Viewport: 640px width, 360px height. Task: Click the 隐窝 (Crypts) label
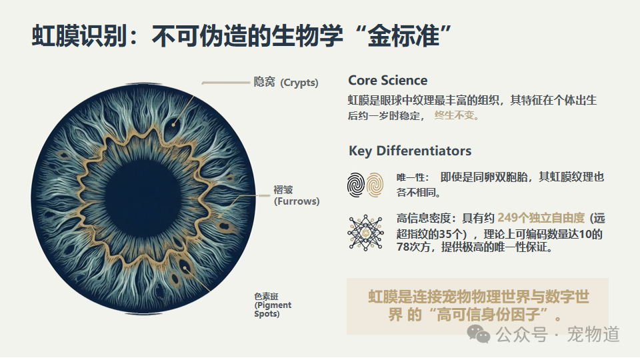tap(286, 82)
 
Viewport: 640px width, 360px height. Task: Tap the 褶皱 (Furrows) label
tap(296, 195)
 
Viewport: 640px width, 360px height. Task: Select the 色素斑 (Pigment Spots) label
tap(273, 305)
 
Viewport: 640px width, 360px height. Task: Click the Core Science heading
tap(388, 81)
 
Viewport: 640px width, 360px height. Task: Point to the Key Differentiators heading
tap(410, 151)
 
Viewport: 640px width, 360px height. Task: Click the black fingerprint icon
tap(356, 185)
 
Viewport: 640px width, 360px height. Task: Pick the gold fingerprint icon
tap(375, 185)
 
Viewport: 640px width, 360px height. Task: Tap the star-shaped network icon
tap(365, 233)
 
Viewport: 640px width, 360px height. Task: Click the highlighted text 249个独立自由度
tap(541, 218)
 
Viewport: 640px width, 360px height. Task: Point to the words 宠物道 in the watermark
tap(593, 334)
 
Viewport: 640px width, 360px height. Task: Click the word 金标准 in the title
tap(404, 36)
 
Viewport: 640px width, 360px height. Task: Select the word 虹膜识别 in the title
tap(79, 36)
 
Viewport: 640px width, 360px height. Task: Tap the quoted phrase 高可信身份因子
tap(492, 315)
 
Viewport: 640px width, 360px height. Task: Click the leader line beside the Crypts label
tap(226, 83)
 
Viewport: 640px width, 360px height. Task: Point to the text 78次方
tap(413, 247)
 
